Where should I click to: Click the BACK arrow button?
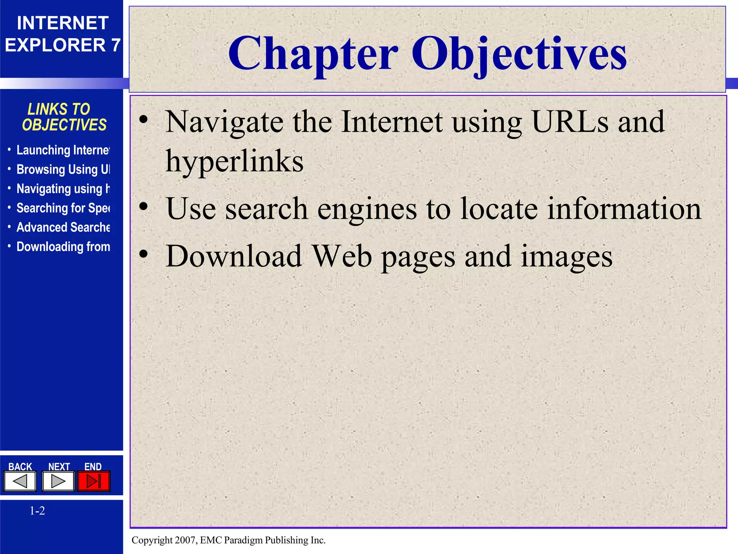pos(20,481)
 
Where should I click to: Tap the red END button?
pos(94,481)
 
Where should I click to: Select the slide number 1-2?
pos(37,511)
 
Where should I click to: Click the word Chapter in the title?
pos(313,54)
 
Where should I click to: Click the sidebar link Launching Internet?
pos(63,150)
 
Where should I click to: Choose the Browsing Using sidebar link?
pos(63,170)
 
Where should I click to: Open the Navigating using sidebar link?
pos(63,189)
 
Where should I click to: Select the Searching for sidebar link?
pos(63,208)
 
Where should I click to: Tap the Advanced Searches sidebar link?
pos(63,228)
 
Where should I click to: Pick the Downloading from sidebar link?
pos(63,247)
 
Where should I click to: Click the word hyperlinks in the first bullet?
pos(234,162)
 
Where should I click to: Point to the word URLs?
pos(570,122)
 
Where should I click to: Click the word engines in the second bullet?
pos(367,209)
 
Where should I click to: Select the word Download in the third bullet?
pos(234,256)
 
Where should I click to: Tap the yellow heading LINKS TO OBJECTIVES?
pos(64,117)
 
